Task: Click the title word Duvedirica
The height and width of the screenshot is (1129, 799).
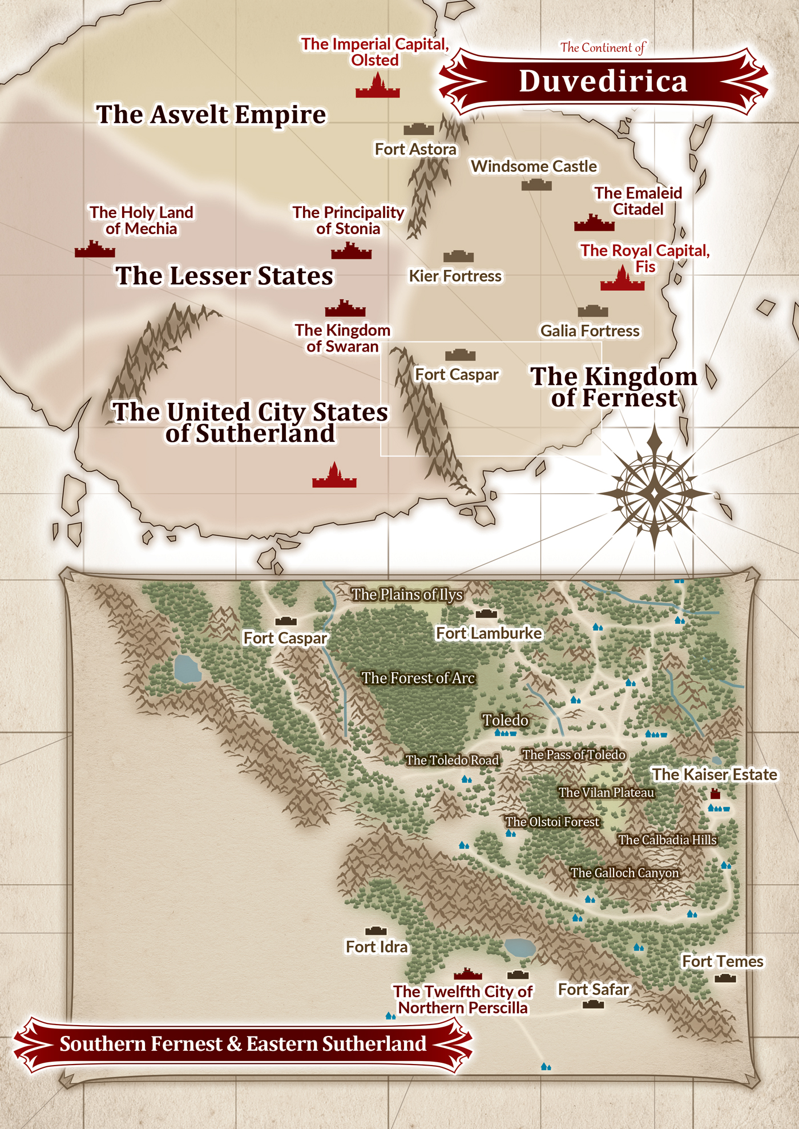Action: pyautogui.click(x=603, y=81)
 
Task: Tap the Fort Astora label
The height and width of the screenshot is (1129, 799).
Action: pyautogui.click(x=415, y=150)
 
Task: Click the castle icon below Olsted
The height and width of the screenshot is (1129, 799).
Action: pyautogui.click(x=377, y=87)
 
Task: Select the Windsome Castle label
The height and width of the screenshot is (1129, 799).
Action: pyautogui.click(x=534, y=167)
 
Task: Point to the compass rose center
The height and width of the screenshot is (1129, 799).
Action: pyautogui.click(x=654, y=492)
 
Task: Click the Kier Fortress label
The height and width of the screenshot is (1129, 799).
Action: pyautogui.click(x=455, y=276)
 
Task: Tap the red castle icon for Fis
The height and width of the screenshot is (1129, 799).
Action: pyautogui.click(x=622, y=281)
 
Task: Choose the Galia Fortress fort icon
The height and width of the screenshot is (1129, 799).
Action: pyautogui.click(x=592, y=311)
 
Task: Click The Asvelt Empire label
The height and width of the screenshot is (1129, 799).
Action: pyautogui.click(x=211, y=115)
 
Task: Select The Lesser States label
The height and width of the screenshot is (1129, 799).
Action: pyautogui.click(x=224, y=276)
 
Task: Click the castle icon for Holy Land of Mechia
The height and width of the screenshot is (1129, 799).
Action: pyautogui.click(x=95, y=250)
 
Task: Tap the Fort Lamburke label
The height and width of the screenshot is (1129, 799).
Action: pyautogui.click(x=489, y=634)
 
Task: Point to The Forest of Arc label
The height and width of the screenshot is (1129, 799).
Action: pyautogui.click(x=418, y=678)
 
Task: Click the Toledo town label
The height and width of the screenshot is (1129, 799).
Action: pyautogui.click(x=505, y=720)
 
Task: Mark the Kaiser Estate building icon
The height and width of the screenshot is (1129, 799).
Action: pyautogui.click(x=715, y=793)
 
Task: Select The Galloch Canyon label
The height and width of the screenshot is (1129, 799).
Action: pyautogui.click(x=624, y=873)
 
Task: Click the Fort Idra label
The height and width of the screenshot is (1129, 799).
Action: pyautogui.click(x=377, y=947)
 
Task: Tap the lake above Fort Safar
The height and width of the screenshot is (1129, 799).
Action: pyautogui.click(x=520, y=947)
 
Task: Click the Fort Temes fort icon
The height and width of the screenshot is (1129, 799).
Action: pyautogui.click(x=725, y=978)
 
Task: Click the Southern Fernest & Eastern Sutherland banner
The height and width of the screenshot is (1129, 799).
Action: pyautogui.click(x=243, y=1044)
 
